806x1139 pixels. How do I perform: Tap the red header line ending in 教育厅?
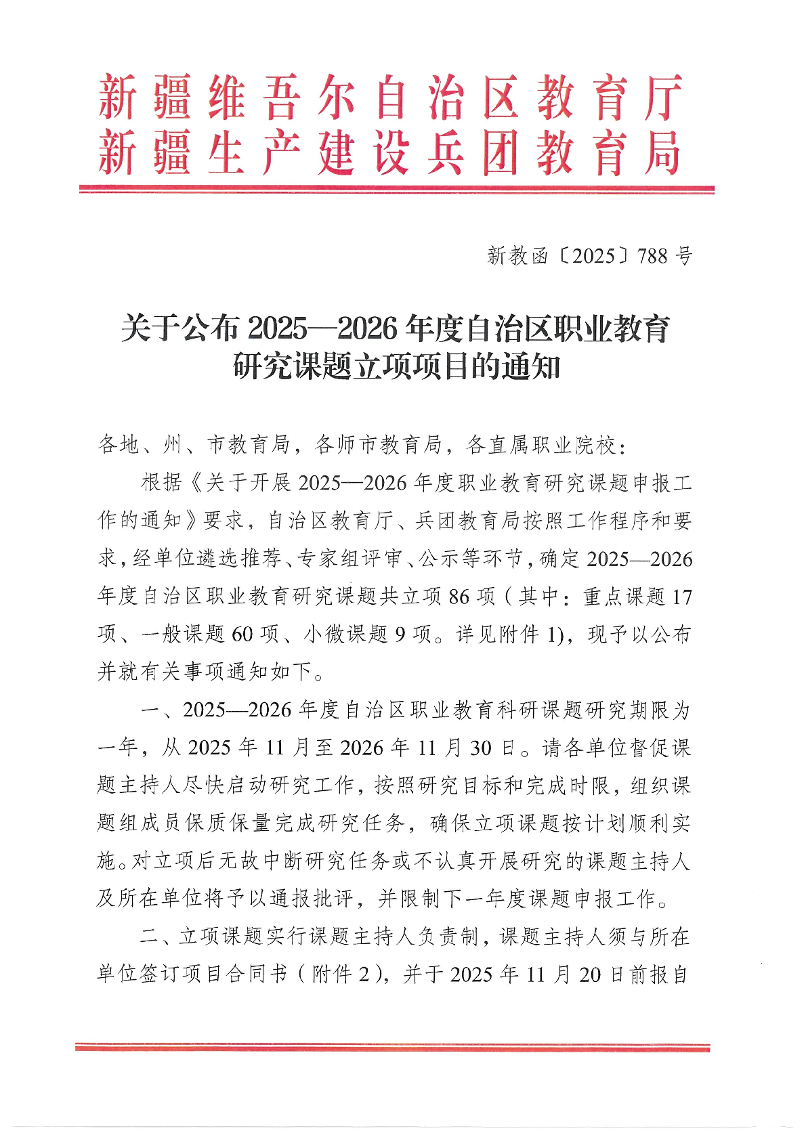(390, 99)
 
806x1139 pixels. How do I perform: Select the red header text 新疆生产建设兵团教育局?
(390, 153)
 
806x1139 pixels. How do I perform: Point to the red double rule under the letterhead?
(397, 190)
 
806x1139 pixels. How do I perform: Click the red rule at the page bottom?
(393, 1048)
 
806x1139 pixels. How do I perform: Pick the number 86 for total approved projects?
(459, 597)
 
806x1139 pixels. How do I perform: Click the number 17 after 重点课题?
(681, 597)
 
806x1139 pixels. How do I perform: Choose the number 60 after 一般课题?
(242, 635)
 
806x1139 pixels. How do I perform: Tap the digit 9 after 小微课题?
(400, 635)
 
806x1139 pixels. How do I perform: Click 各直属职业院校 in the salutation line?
(540, 445)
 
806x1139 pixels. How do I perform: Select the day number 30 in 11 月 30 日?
(480, 748)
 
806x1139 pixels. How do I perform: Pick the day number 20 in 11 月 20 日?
(590, 974)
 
